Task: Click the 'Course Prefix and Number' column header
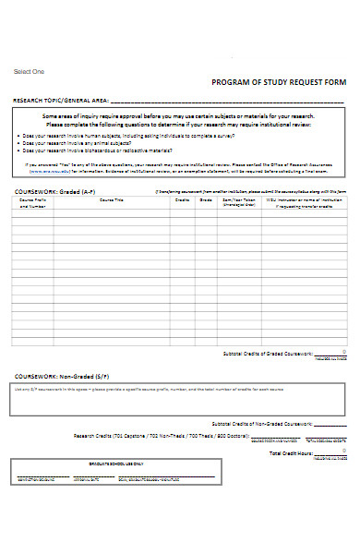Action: (32, 203)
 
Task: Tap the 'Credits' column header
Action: (182, 199)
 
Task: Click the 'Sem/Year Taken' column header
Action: (237, 202)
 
